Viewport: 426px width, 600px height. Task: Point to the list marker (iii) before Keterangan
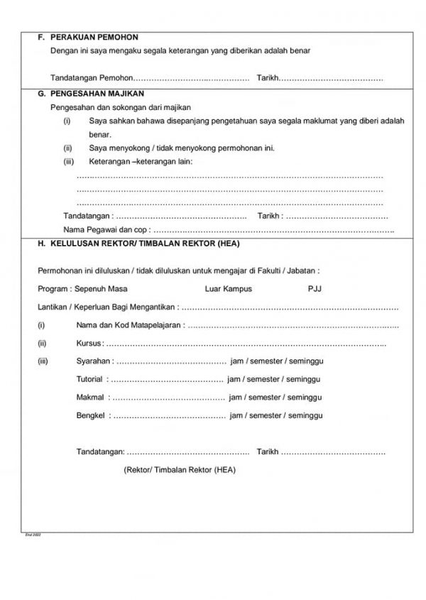coord(69,162)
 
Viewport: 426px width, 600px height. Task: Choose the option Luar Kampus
coord(228,289)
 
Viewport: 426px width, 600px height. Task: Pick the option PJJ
coord(315,289)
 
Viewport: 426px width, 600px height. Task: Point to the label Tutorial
coord(90,379)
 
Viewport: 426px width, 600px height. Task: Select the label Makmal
coord(90,397)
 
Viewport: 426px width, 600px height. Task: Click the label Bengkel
coord(91,415)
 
